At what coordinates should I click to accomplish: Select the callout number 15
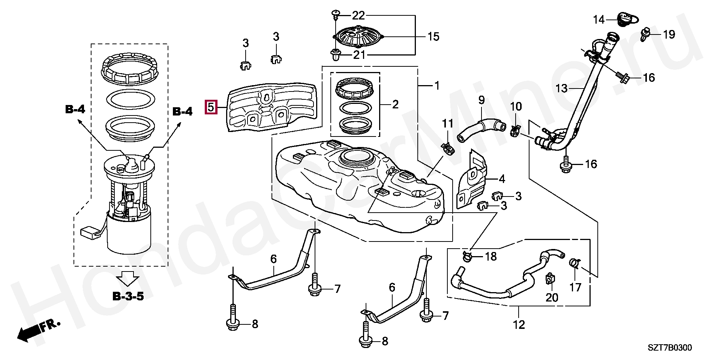(433, 37)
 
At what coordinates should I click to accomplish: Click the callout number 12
(519, 324)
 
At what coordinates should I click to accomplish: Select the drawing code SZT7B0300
(670, 348)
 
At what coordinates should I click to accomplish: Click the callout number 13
(562, 89)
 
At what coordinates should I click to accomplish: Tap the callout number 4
(502, 179)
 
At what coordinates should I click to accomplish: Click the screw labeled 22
(335, 15)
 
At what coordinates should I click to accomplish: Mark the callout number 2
(395, 104)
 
